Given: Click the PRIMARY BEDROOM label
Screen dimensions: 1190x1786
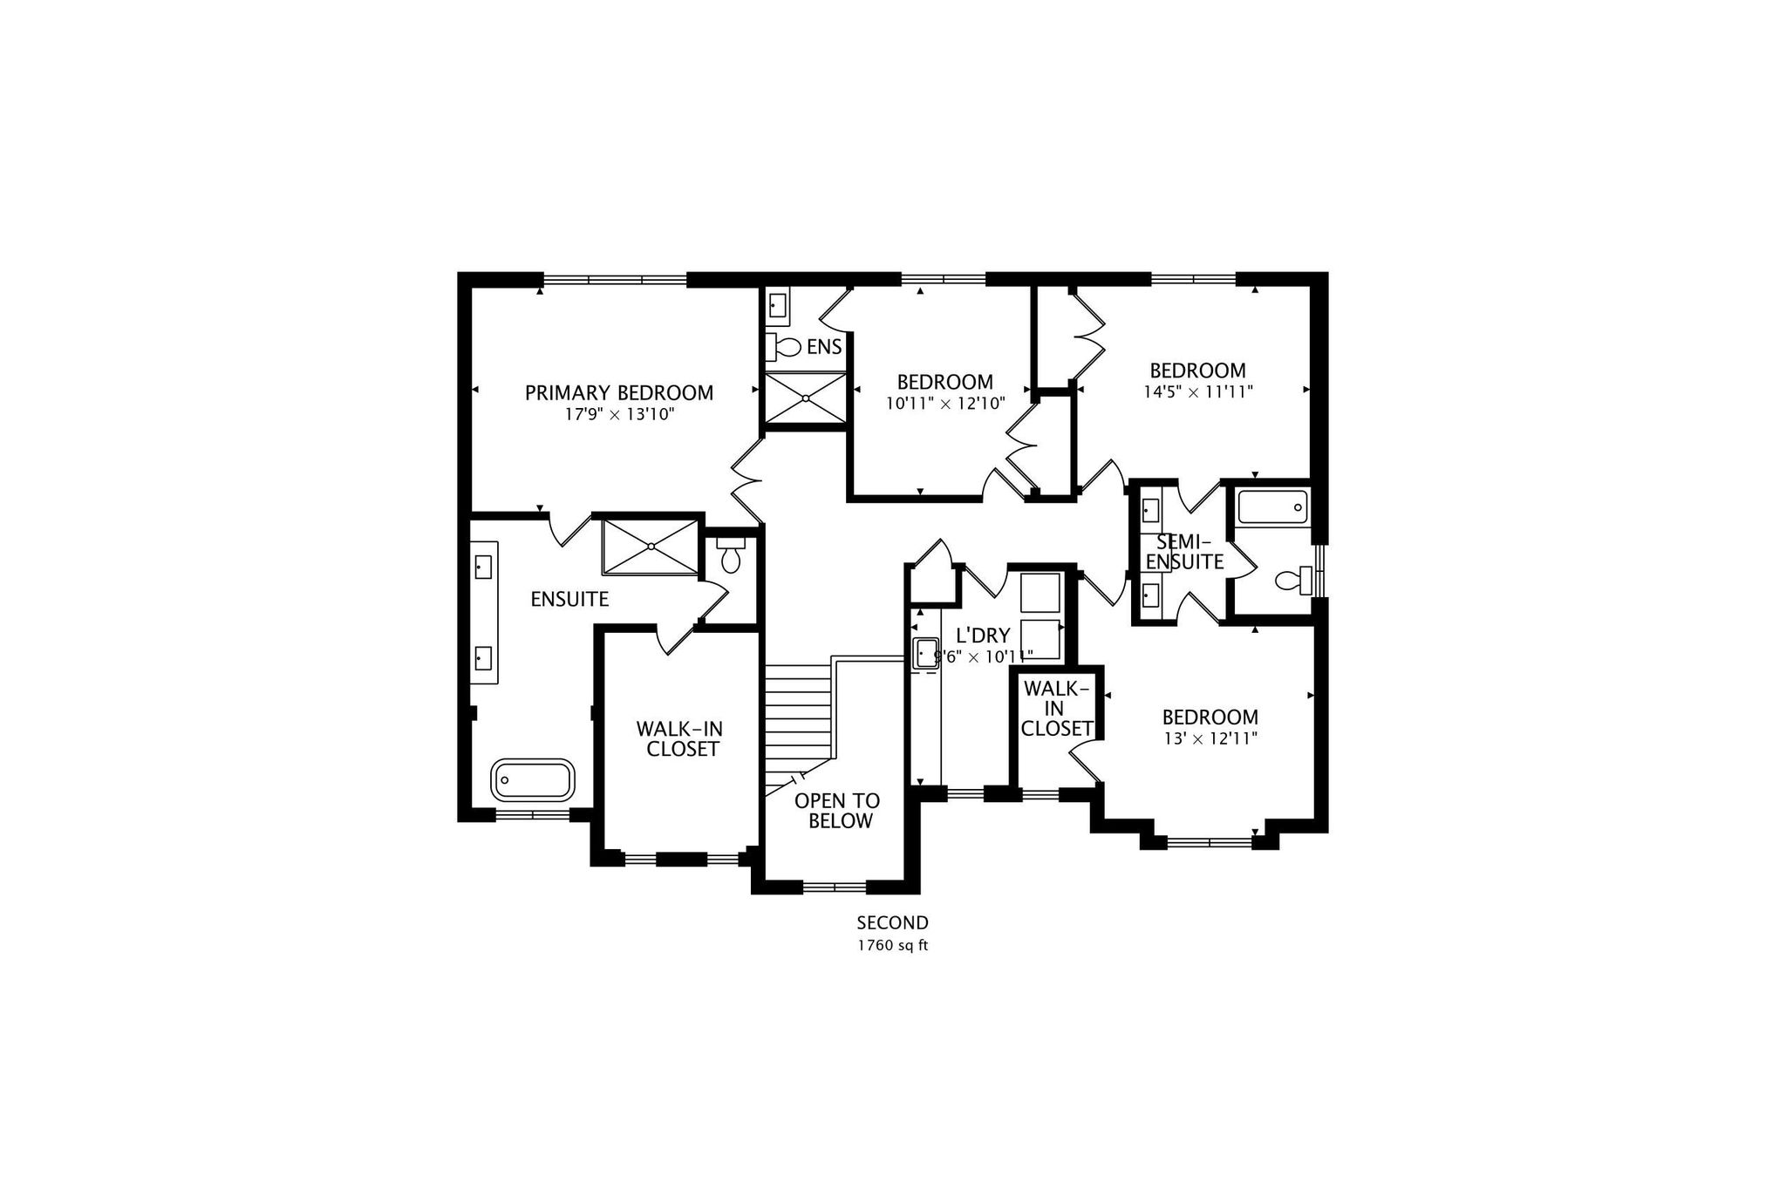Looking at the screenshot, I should (619, 393).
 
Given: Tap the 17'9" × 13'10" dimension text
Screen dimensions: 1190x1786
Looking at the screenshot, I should (619, 415).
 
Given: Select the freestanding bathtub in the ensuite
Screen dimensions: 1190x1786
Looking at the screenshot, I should (533, 779).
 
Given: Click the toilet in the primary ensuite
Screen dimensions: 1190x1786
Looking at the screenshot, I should (730, 555).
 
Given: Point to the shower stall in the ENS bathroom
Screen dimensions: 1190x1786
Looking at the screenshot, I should (806, 399).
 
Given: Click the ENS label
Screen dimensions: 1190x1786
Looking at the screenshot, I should (824, 347).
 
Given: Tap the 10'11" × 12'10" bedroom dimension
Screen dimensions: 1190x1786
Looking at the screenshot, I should (945, 404).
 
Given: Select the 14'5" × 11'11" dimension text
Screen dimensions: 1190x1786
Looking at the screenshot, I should (1197, 392).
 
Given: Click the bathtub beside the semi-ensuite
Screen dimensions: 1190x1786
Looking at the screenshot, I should (1272, 507).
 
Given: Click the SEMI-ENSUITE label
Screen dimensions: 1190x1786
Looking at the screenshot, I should (1184, 552).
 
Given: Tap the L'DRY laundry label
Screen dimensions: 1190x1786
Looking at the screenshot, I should (983, 636).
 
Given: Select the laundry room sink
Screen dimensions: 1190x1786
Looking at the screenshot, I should (925, 653).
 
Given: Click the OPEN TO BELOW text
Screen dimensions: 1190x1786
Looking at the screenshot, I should (837, 811).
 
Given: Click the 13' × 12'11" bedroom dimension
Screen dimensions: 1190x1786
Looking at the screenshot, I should (1210, 739).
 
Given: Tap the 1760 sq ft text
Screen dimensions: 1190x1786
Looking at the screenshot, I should (892, 946).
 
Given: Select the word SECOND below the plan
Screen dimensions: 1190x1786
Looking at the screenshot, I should (892, 922).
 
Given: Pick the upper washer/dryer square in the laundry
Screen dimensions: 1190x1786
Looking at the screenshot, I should (1040, 593).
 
